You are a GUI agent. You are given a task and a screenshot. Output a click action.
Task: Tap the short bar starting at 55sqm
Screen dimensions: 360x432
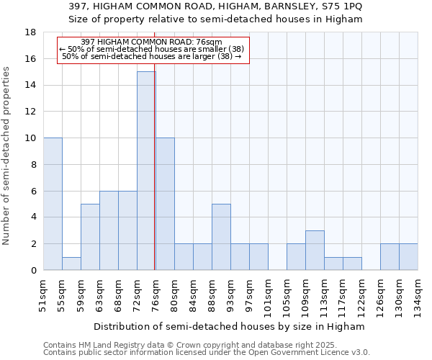pos(71,264)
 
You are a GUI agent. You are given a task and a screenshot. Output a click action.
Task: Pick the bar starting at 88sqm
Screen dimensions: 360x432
pos(221,237)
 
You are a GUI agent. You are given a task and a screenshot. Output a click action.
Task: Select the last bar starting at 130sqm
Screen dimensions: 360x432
pos(408,257)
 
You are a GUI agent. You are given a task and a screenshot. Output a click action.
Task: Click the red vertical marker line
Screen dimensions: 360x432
pos(155,180)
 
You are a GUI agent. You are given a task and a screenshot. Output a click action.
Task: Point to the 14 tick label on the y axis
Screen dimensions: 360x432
pos(31,86)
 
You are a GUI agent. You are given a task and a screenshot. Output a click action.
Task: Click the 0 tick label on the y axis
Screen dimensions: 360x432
pos(34,271)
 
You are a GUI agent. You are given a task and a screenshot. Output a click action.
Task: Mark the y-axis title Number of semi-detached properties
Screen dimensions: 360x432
pos(7,156)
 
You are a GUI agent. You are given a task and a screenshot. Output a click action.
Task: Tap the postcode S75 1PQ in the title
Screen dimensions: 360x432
pos(341,6)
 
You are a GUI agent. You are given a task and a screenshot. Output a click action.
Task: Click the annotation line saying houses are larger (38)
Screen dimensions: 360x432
pos(152,56)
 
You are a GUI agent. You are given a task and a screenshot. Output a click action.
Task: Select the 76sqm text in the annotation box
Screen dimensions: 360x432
pos(211,42)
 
